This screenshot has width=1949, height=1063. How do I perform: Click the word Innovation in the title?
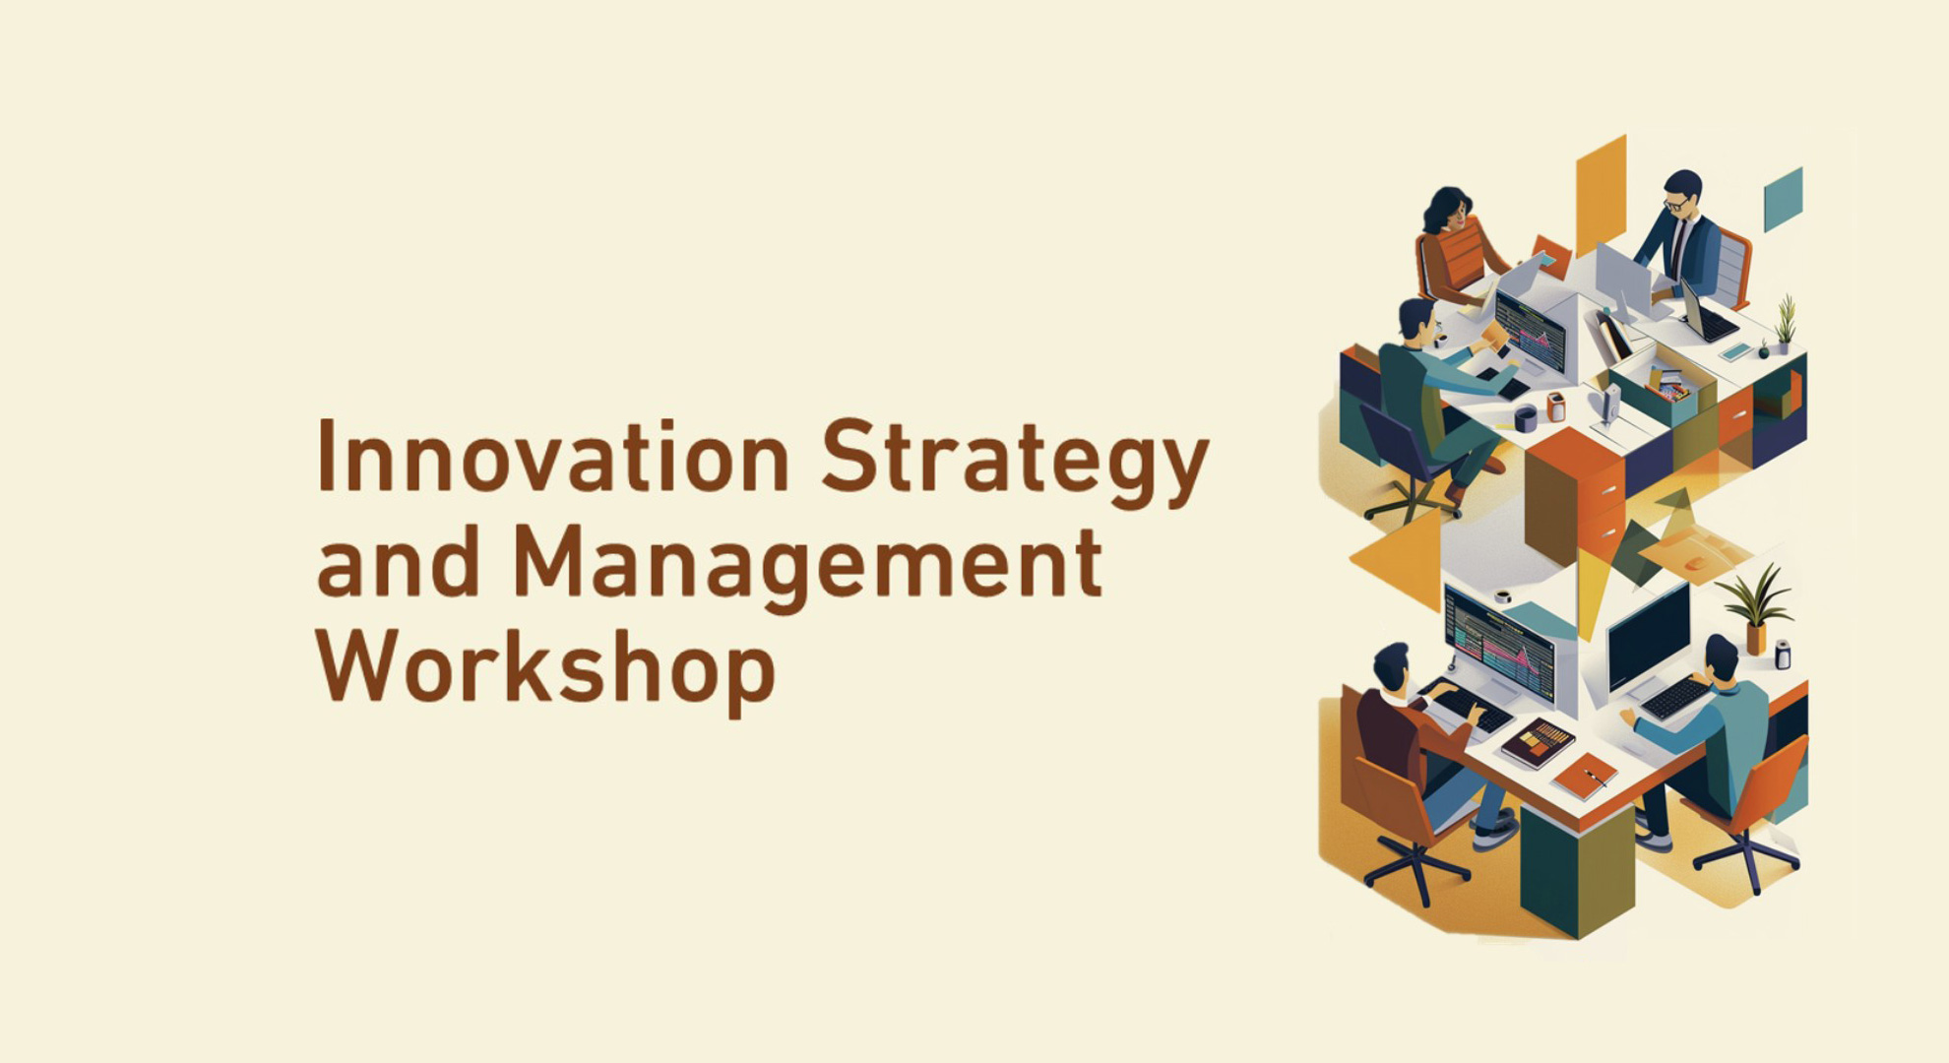tap(552, 458)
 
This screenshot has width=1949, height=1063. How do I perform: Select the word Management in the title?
tap(807, 563)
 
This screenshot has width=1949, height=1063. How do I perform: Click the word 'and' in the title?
tap(398, 563)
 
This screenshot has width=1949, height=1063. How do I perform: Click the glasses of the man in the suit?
tap(1674, 204)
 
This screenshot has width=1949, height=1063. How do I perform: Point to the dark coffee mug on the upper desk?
tap(1525, 419)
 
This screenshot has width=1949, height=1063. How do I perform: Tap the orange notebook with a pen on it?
tap(1585, 776)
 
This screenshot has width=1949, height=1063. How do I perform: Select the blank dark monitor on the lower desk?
tap(1648, 637)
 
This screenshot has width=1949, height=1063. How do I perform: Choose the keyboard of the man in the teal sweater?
tap(1674, 698)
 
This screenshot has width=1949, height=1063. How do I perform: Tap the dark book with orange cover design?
tap(1537, 742)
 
